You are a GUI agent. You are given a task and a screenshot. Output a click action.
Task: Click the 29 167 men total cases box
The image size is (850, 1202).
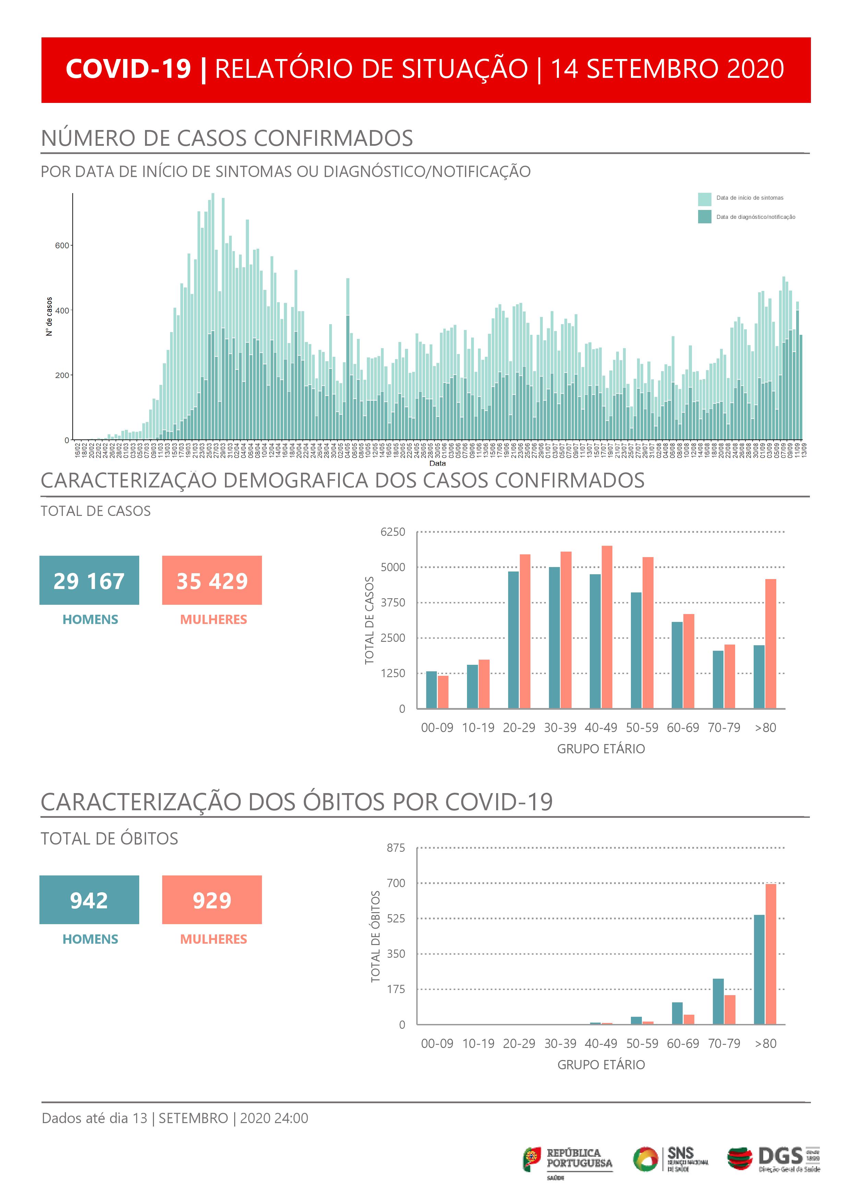[89, 580]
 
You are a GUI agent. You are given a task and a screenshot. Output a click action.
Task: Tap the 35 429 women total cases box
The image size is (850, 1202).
[212, 580]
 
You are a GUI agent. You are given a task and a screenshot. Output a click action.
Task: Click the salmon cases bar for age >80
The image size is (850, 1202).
[770, 644]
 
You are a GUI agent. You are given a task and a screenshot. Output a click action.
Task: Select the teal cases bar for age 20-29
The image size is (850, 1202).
[513, 640]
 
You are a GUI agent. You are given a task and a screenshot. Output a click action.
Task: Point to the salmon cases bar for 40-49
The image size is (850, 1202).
[607, 627]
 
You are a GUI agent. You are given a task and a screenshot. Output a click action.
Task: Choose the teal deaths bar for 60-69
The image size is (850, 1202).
[677, 1013]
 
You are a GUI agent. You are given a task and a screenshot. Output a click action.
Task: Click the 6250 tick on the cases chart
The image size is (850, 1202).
[393, 532]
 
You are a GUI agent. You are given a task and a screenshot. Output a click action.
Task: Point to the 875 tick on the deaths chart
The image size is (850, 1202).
[396, 848]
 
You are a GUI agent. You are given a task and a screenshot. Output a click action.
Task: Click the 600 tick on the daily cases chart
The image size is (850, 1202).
[62, 246]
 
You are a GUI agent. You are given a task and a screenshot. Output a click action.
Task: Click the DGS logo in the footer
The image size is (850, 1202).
[774, 1159]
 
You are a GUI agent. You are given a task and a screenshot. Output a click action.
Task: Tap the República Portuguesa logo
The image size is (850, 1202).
[567, 1159]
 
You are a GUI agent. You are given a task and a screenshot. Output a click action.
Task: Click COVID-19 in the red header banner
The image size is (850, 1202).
[128, 69]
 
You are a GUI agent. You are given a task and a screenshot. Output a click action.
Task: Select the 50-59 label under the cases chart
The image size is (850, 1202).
[642, 728]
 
